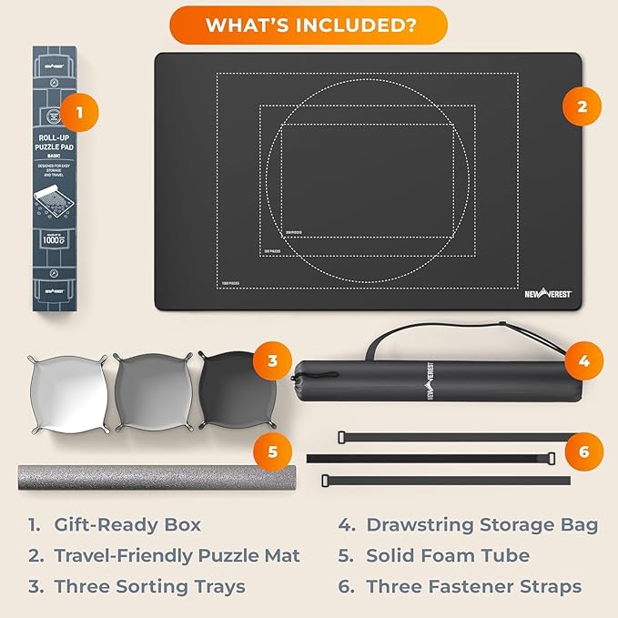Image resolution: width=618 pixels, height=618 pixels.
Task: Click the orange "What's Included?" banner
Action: click(x=309, y=25)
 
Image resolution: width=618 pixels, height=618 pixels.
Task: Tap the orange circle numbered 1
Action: click(x=80, y=113)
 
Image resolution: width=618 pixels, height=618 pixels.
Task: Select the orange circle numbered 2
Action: click(x=582, y=107)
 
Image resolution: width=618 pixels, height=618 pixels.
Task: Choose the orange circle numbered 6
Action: click(x=583, y=450)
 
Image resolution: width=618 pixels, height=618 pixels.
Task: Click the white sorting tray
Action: click(x=65, y=390)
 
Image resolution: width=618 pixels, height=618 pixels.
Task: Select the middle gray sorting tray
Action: click(x=149, y=390)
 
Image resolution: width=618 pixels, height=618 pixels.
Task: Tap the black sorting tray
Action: click(x=231, y=390)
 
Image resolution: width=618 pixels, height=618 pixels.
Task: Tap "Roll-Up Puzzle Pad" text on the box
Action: click(x=64, y=143)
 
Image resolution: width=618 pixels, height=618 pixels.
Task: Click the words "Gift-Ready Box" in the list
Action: click(x=127, y=524)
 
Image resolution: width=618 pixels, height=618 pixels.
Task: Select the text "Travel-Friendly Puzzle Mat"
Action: click(x=177, y=555)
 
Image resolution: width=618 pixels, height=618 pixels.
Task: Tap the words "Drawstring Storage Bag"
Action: click(x=482, y=524)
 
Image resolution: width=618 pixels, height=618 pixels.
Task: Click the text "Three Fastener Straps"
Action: click(x=474, y=586)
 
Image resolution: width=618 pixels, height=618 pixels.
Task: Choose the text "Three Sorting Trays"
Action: click(x=150, y=586)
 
